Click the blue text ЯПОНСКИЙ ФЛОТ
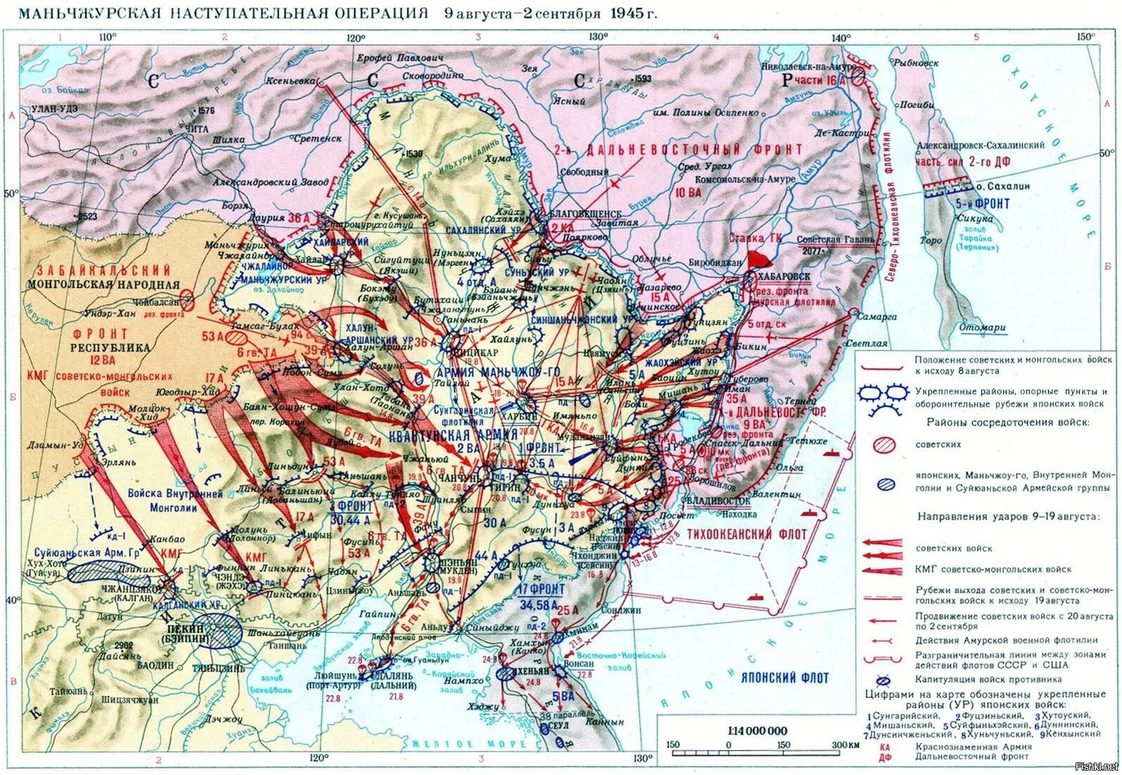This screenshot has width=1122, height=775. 785,678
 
